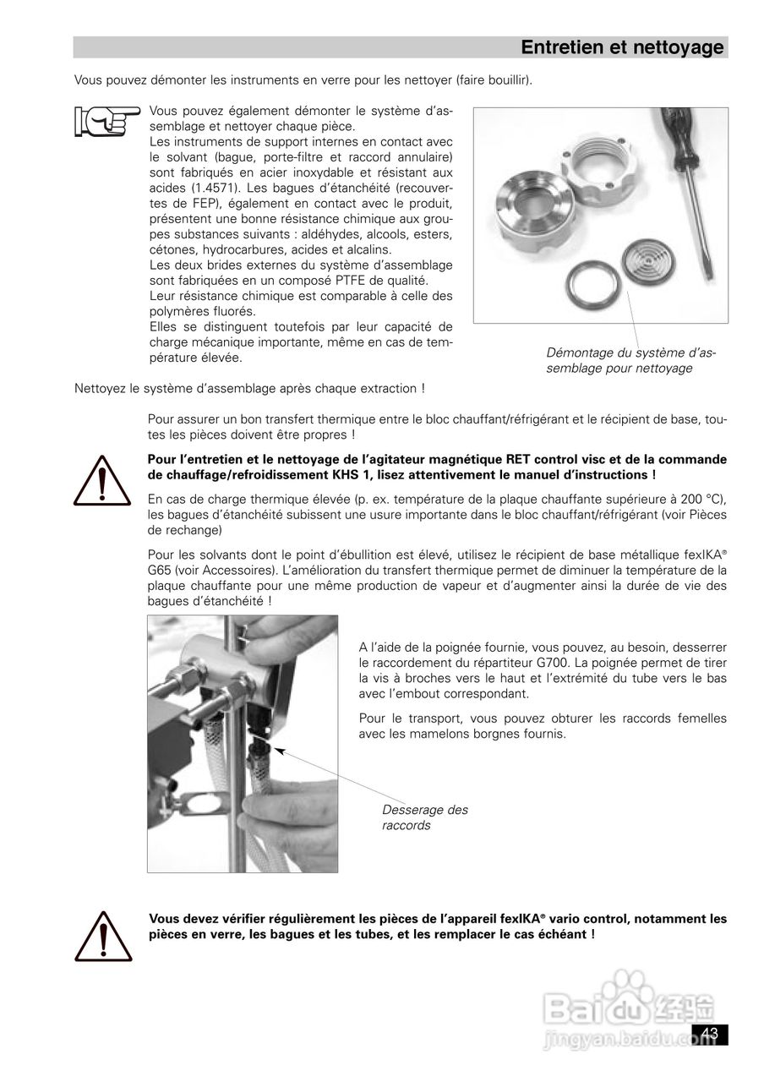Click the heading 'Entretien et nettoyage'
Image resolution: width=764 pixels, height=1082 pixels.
622,47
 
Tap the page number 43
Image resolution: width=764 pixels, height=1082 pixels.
709,1034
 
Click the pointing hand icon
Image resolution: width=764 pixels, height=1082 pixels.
106,122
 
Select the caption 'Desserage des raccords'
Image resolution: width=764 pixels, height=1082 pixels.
424,817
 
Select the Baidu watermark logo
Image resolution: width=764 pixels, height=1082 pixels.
630,1010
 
